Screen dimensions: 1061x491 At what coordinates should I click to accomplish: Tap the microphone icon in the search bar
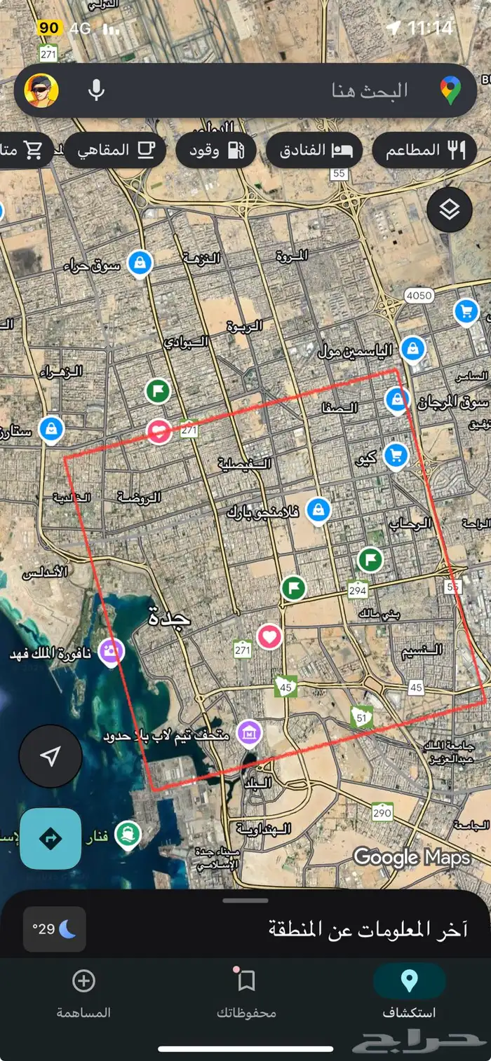(x=97, y=90)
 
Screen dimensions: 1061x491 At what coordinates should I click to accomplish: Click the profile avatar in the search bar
(x=41, y=90)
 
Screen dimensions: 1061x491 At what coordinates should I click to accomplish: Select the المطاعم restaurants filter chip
(x=424, y=150)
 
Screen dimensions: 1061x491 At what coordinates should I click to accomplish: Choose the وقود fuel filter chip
(x=215, y=150)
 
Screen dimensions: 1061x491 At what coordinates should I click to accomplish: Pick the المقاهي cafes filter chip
(x=115, y=150)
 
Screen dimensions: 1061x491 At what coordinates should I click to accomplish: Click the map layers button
(x=449, y=210)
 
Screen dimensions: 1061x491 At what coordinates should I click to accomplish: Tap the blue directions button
(x=51, y=839)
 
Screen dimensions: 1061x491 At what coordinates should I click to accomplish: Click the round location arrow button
(x=51, y=756)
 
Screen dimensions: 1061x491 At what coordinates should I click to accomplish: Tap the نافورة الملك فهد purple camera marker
(x=111, y=652)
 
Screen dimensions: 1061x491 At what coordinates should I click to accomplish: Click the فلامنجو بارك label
(x=263, y=512)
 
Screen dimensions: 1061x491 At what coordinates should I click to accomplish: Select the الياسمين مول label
(x=356, y=350)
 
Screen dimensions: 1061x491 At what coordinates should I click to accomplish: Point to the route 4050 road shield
(x=419, y=296)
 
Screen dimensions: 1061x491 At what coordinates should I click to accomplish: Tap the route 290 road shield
(x=382, y=813)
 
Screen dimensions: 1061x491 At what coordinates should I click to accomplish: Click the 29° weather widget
(x=55, y=929)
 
